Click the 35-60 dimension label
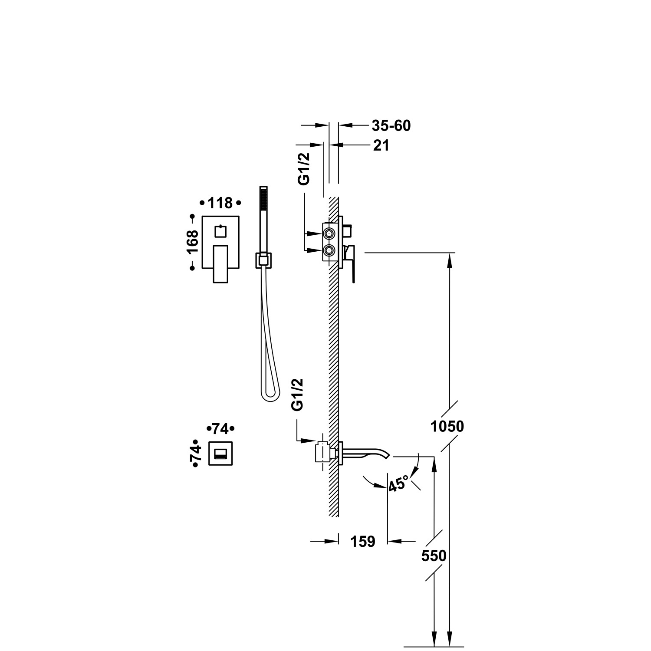click(391, 126)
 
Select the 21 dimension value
click(381, 146)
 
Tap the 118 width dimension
click(220, 203)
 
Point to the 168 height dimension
click(192, 242)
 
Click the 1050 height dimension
click(447, 427)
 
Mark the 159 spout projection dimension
click(363, 542)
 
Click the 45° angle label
click(398, 483)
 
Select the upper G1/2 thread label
click(305, 169)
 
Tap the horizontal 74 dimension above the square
click(220, 429)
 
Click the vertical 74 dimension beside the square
click(196, 454)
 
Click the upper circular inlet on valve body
click(329, 234)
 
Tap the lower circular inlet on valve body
click(329, 250)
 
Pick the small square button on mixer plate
click(221, 231)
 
